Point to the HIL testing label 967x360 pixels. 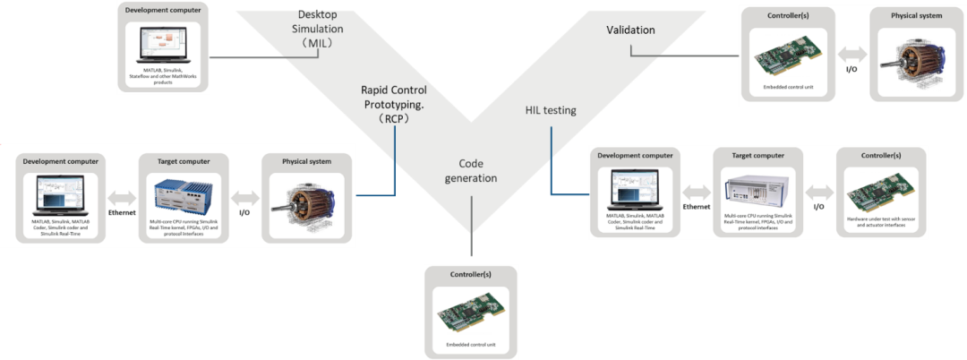pyautogui.click(x=550, y=110)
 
